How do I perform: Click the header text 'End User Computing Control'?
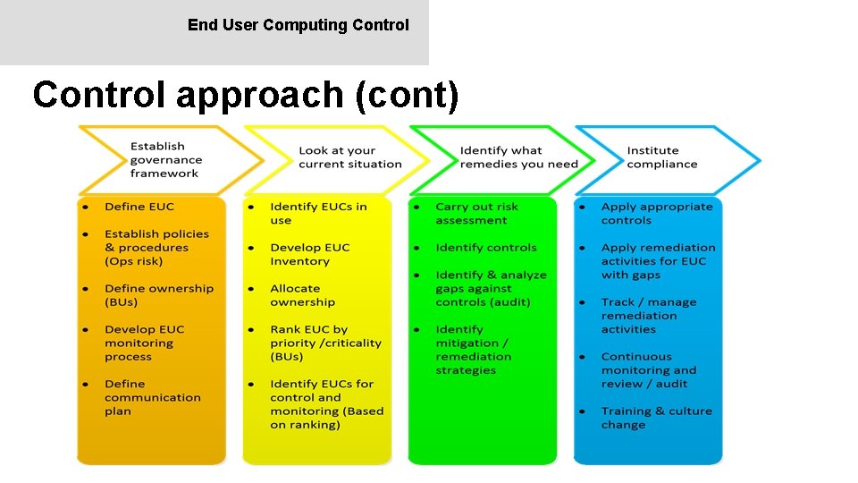298,25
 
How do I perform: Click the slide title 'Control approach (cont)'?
246,95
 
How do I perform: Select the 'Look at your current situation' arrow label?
349,157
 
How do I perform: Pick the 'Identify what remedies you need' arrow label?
518,157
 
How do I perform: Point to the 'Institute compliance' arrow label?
661,157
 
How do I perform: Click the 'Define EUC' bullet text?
139,207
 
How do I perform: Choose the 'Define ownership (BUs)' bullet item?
158,295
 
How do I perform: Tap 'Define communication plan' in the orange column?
152,397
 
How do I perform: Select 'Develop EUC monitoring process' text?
143,343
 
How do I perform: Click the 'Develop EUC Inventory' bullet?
309,254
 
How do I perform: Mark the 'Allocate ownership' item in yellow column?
302,295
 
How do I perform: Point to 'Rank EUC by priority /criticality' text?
325,343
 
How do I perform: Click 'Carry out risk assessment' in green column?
476,213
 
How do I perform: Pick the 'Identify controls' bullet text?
486,248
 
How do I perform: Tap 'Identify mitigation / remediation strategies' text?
473,350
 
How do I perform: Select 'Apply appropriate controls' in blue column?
656,213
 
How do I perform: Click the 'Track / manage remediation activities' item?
648,316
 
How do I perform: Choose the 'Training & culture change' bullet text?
656,418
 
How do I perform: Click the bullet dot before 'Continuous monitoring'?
582,357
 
